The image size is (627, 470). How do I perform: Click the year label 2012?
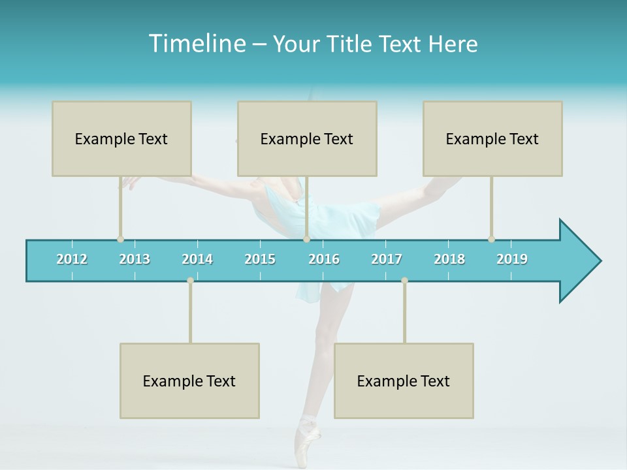pyautogui.click(x=72, y=259)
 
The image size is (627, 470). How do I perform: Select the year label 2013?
pyautogui.click(x=135, y=259)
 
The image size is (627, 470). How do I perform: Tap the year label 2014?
pyautogui.click(x=197, y=259)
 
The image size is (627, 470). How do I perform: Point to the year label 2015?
pyautogui.click(x=260, y=259)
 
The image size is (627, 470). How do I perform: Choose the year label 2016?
pyautogui.click(x=324, y=259)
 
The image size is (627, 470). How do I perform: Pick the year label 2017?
pyautogui.click(x=387, y=259)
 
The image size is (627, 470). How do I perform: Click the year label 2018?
pyautogui.click(x=449, y=259)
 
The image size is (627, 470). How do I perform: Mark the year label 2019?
pyautogui.click(x=512, y=259)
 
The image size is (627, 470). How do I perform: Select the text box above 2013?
pyautogui.click(x=121, y=138)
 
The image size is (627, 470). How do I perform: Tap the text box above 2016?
pyautogui.click(x=307, y=138)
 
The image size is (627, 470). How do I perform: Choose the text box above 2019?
pyautogui.click(x=492, y=138)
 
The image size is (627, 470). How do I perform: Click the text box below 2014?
pyautogui.click(x=189, y=381)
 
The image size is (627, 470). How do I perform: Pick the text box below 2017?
pyautogui.click(x=404, y=381)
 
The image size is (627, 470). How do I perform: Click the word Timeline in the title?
pyautogui.click(x=196, y=44)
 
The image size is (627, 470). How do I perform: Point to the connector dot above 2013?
pyautogui.click(x=120, y=239)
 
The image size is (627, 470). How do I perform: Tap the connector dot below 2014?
pyautogui.click(x=190, y=280)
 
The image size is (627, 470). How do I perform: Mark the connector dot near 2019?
pyautogui.click(x=491, y=239)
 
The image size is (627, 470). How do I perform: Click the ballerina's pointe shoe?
pyautogui.click(x=307, y=437)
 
